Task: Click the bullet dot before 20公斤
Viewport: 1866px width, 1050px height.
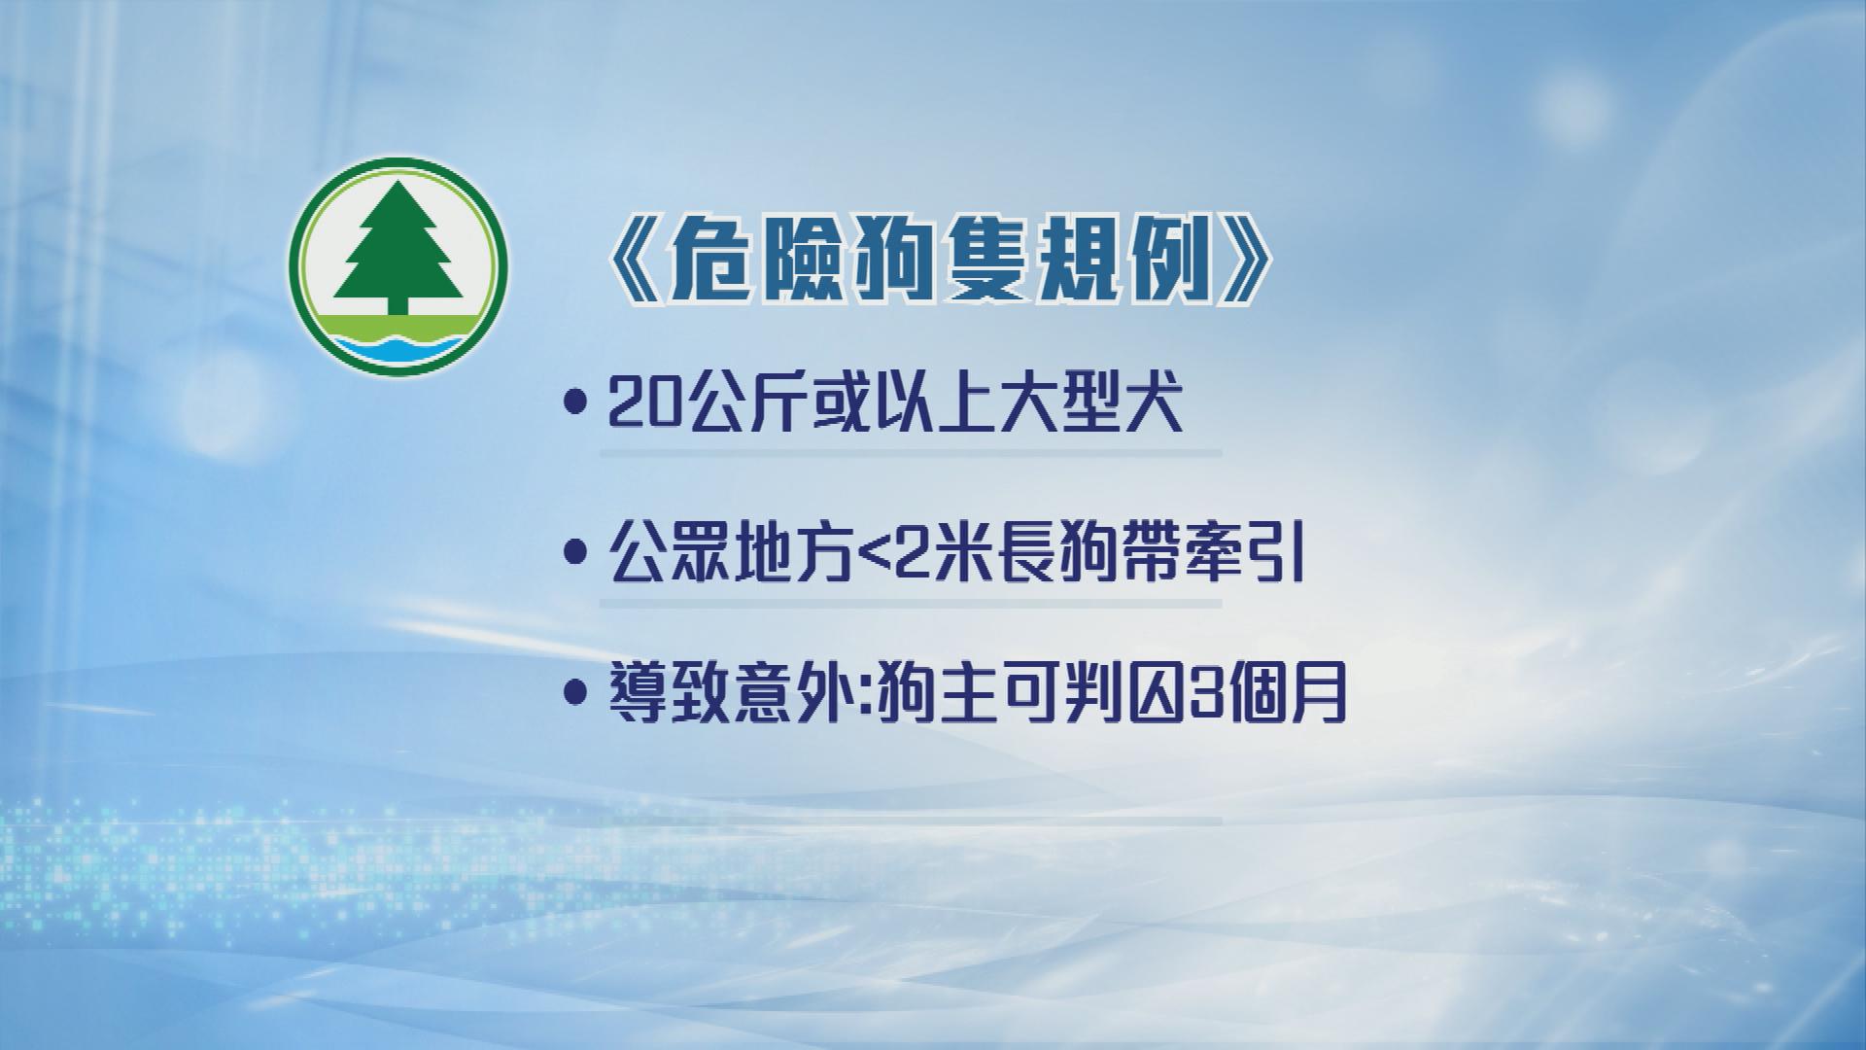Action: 578,403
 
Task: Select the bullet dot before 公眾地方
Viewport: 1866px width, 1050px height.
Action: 578,555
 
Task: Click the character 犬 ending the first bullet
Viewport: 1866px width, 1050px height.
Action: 1154,405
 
